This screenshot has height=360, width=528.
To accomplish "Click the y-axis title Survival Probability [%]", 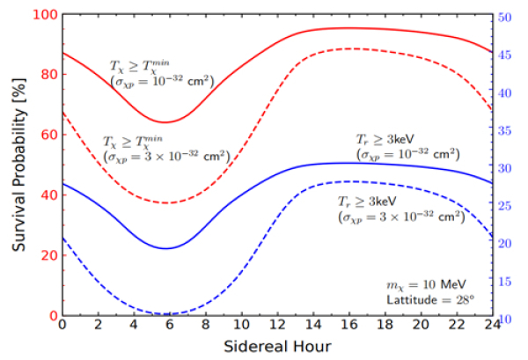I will pos(18,165).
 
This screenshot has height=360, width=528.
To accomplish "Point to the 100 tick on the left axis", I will pos(45,15).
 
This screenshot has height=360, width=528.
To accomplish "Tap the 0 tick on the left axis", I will pos(52,315).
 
